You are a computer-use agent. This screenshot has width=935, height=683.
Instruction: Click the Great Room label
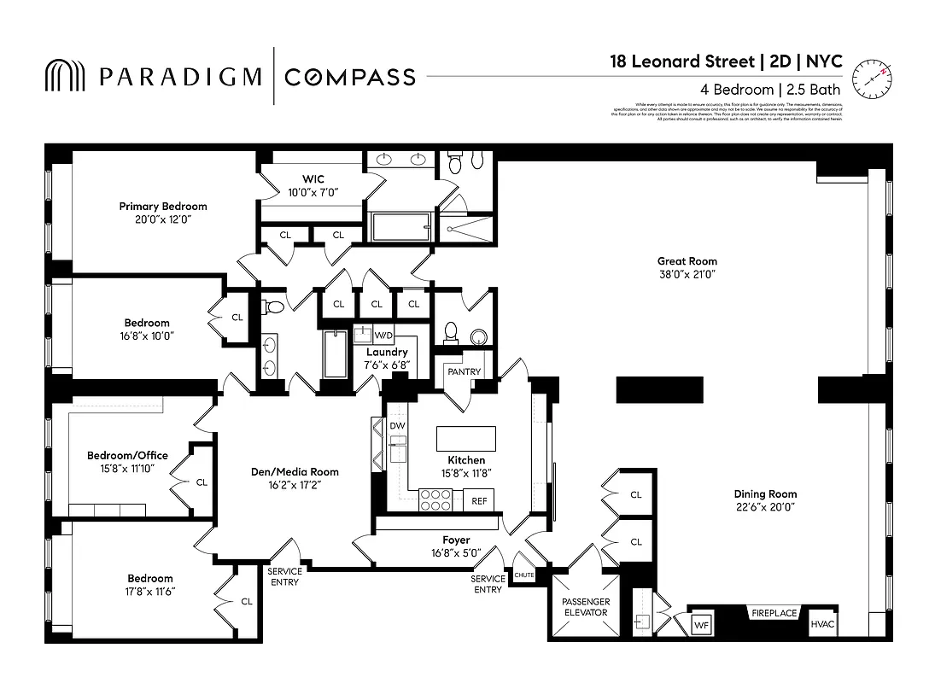pyautogui.click(x=687, y=261)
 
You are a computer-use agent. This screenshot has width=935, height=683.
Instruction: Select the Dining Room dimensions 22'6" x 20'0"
pyautogui.click(x=765, y=507)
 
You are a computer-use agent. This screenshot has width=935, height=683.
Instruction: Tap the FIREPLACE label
pyautogui.click(x=774, y=613)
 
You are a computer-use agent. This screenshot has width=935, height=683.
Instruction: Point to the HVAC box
pyautogui.click(x=822, y=624)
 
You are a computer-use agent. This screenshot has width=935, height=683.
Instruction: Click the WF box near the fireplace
pyautogui.click(x=701, y=625)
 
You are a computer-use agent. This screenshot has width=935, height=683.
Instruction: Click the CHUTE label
pyautogui.click(x=523, y=575)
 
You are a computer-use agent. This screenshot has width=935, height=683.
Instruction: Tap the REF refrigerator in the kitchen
pyautogui.click(x=479, y=501)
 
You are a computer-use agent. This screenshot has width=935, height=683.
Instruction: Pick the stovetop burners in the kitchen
pyautogui.click(x=435, y=499)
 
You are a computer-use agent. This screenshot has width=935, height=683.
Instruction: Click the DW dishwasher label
pyautogui.click(x=397, y=425)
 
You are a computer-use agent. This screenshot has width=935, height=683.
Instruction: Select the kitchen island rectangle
pyautogui.click(x=465, y=439)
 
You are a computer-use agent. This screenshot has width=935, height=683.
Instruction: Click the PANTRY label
pyautogui.click(x=464, y=372)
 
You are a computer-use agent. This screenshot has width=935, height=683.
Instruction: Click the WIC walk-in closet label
pyautogui.click(x=312, y=179)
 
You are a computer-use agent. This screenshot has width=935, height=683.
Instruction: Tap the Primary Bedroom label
pyautogui.click(x=162, y=207)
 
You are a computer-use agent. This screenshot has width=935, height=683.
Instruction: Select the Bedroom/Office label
pyautogui.click(x=127, y=455)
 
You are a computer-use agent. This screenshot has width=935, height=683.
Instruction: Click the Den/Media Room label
pyautogui.click(x=294, y=471)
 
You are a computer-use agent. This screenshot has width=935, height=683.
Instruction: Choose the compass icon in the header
pyautogui.click(x=871, y=76)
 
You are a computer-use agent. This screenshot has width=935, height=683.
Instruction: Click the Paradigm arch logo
pyautogui.click(x=66, y=76)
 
